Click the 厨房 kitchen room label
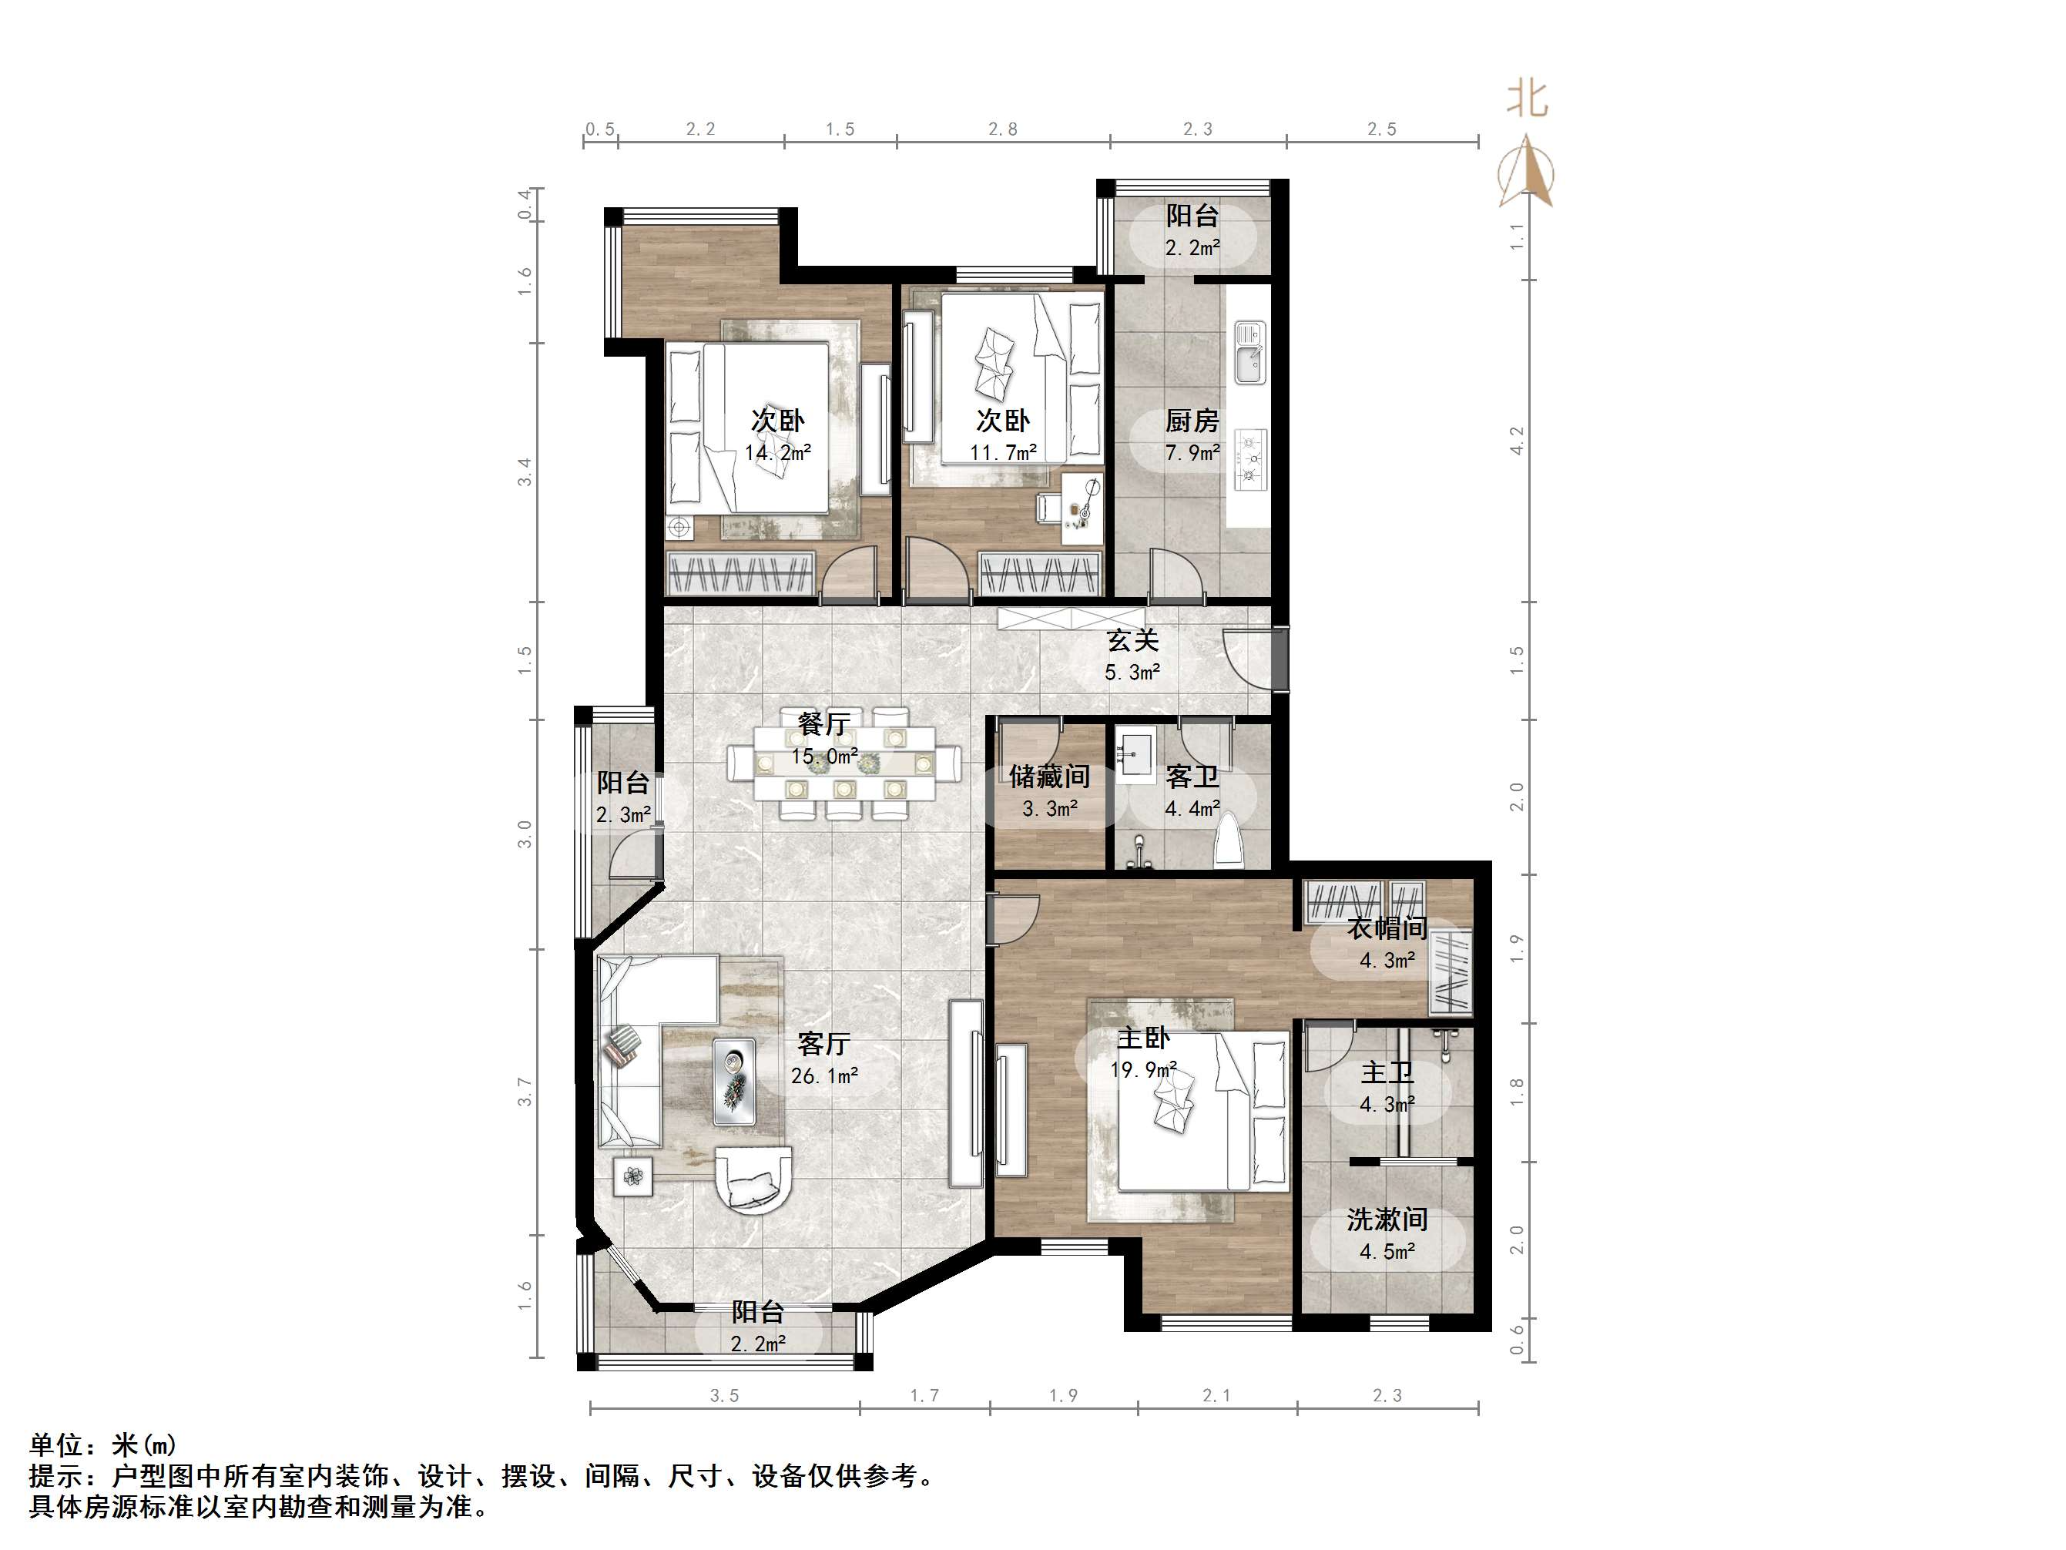click(x=1192, y=421)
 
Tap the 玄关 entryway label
click(x=1133, y=641)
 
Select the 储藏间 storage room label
click(x=1049, y=777)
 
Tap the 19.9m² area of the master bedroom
click(x=1143, y=1070)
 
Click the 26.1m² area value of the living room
click(x=823, y=1075)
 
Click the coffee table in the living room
click(x=734, y=1081)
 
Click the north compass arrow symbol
click(x=1526, y=172)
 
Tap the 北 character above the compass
click(x=1526, y=98)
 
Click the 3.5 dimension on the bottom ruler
click(x=724, y=1396)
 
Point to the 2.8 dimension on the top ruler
click(x=1002, y=129)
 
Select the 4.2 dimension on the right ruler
click(x=1517, y=440)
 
